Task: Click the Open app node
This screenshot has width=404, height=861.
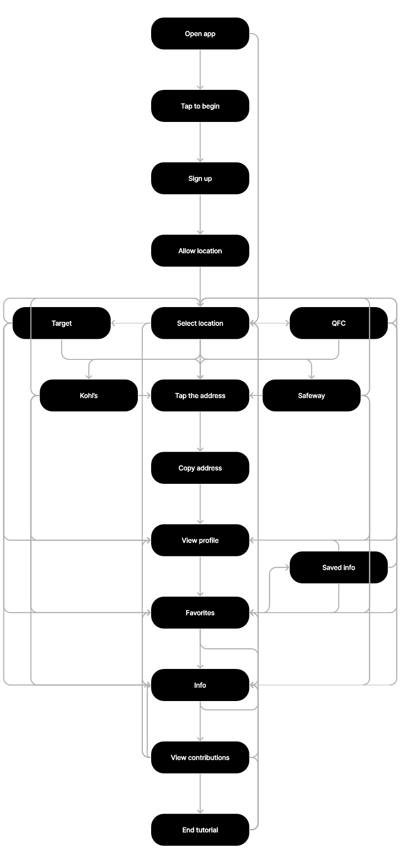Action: [x=200, y=34]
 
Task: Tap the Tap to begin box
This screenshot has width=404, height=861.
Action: [x=200, y=106]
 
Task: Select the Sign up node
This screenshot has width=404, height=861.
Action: [x=200, y=178]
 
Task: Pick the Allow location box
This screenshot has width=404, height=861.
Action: [x=200, y=251]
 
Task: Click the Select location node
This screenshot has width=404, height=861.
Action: [x=200, y=323]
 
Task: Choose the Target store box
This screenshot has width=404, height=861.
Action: [x=62, y=323]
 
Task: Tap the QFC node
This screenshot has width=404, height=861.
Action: [x=339, y=323]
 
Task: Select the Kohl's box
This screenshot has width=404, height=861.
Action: [x=89, y=395]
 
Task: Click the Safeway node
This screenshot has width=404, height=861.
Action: [x=312, y=395]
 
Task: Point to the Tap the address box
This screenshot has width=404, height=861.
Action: [x=200, y=395]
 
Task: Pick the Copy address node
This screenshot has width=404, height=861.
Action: [x=200, y=468]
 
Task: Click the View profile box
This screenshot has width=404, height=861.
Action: [x=200, y=540]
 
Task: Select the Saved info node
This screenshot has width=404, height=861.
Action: [x=339, y=567]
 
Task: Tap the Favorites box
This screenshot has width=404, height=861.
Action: [x=200, y=613]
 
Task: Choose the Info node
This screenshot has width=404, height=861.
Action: [x=200, y=685]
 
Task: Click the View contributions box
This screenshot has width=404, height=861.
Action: [x=200, y=757]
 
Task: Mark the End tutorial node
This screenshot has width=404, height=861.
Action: [x=200, y=830]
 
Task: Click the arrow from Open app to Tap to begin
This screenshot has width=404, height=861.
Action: [x=200, y=70]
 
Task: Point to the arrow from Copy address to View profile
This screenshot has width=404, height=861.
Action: [x=200, y=504]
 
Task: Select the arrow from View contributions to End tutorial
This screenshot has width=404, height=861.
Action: [x=200, y=793]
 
